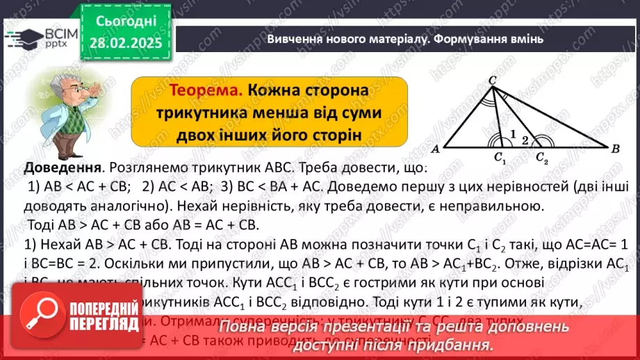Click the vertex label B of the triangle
click(616, 149)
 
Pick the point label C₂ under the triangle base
click(541, 158)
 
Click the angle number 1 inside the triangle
click(512, 131)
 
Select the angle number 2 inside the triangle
click(526, 140)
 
